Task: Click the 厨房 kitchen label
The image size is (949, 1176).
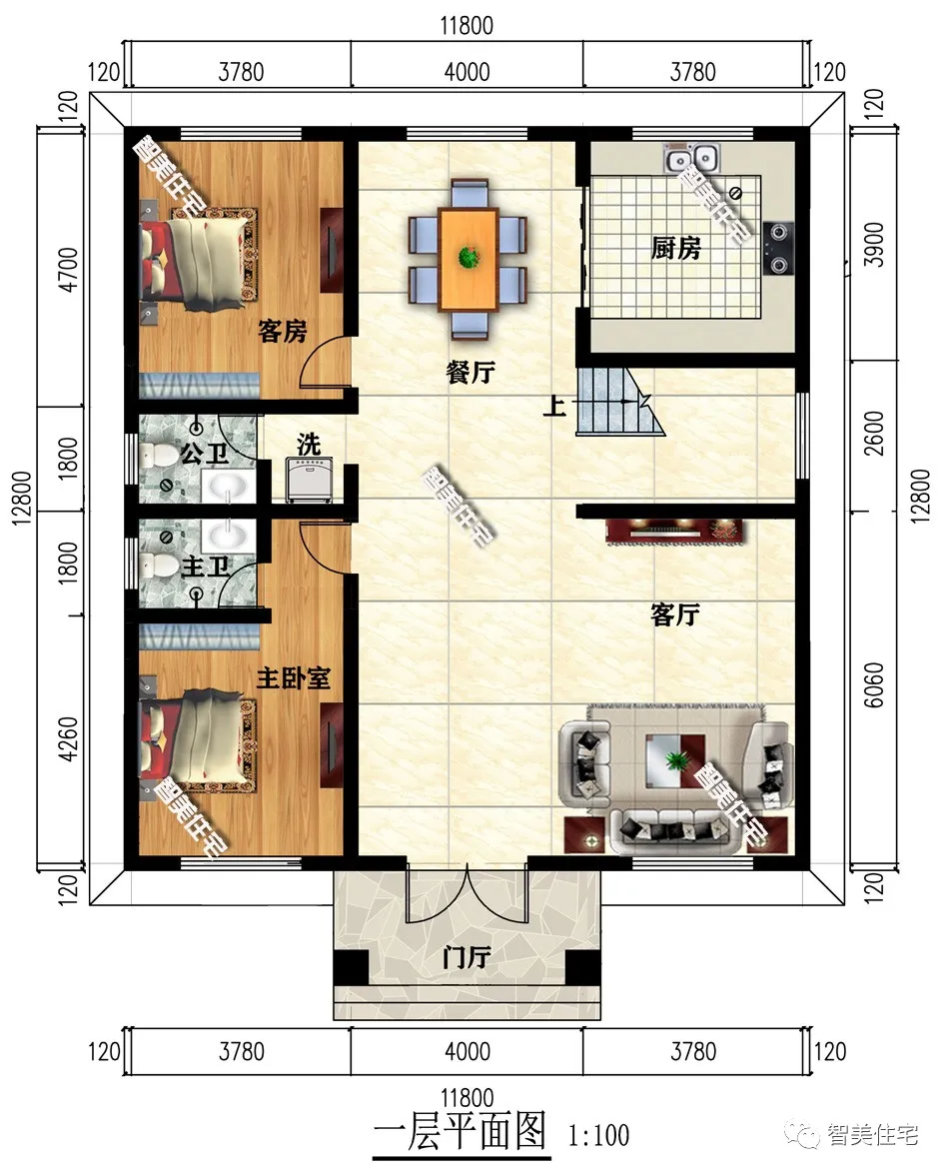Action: pyautogui.click(x=675, y=248)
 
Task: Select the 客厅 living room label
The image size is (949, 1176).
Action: pyautogui.click(x=674, y=615)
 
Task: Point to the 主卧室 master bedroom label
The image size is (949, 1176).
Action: pyautogui.click(x=293, y=678)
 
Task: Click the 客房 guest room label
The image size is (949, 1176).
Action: pyautogui.click(x=283, y=331)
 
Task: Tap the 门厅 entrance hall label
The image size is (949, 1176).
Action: pyautogui.click(x=467, y=958)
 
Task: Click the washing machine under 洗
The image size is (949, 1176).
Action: pyautogui.click(x=311, y=480)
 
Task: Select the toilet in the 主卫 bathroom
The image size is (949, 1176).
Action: pyautogui.click(x=157, y=565)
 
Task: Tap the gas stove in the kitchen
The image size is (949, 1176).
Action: pyautogui.click(x=778, y=248)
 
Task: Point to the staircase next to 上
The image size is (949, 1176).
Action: pyautogui.click(x=620, y=402)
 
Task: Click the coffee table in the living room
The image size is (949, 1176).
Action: pyautogui.click(x=675, y=760)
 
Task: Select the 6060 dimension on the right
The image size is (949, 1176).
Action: pyautogui.click(x=874, y=684)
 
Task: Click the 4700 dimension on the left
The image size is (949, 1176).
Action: pyautogui.click(x=68, y=269)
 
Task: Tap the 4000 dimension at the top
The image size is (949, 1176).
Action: pyautogui.click(x=467, y=72)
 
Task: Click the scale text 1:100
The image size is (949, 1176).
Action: pyautogui.click(x=598, y=1135)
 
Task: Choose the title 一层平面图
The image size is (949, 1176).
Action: pyautogui.click(x=460, y=1131)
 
